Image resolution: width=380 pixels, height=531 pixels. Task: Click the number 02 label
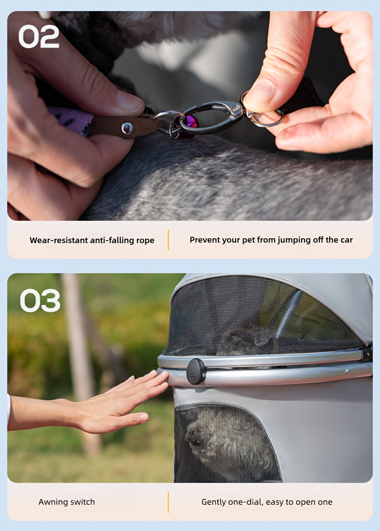(38, 37)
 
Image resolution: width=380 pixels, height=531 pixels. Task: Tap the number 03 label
(40, 301)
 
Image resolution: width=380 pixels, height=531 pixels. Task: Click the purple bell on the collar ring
(190, 122)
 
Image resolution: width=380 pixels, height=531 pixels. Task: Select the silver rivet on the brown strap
(127, 128)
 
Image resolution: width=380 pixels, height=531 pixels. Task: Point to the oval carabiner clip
(211, 117)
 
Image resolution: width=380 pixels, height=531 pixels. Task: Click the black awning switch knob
(196, 371)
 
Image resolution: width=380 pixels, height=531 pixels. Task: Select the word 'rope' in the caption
(145, 241)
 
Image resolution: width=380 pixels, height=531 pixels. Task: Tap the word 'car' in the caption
(346, 240)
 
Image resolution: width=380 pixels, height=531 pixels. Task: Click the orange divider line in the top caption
(168, 240)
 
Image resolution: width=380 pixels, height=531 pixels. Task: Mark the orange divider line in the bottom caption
(168, 502)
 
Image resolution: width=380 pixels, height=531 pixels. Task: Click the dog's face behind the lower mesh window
(196, 437)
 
